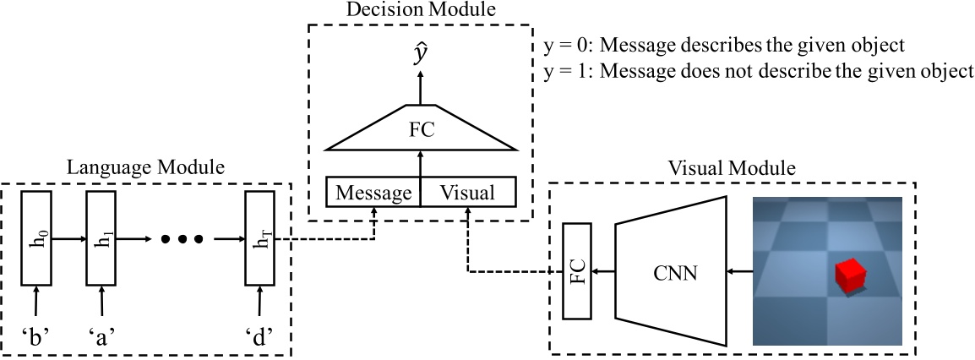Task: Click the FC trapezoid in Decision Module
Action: point(420,132)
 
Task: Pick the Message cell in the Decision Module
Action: point(373,192)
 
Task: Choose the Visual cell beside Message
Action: point(468,192)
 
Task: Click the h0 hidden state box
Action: point(35,239)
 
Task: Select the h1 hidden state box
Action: point(101,239)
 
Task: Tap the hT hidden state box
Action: point(259,239)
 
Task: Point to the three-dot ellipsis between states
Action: point(182,239)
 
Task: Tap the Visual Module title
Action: point(731,167)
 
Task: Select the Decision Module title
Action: point(421,10)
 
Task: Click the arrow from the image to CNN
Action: point(740,272)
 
